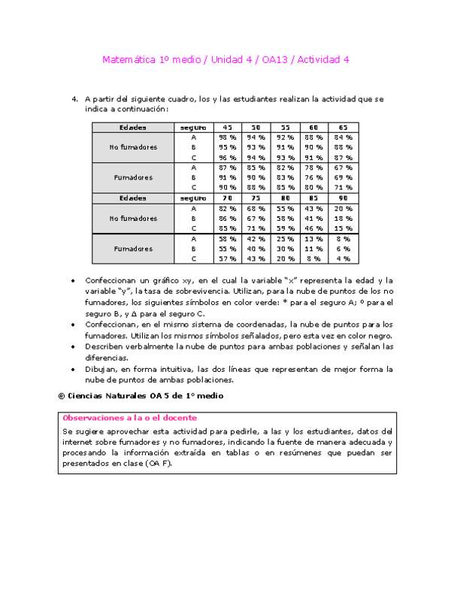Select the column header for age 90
pos(343,198)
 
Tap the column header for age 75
pos(256,198)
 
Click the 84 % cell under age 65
pos(343,137)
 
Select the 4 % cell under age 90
pos(343,258)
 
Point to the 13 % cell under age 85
pos(313,238)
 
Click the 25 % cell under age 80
pos(285,238)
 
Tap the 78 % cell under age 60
pos(313,168)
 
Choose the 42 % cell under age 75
pos(256,238)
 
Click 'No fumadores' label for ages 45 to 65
pos(133,147)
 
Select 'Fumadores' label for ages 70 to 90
pos(133,248)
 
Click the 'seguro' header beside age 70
pos(193,198)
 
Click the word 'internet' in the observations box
pos(77,442)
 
